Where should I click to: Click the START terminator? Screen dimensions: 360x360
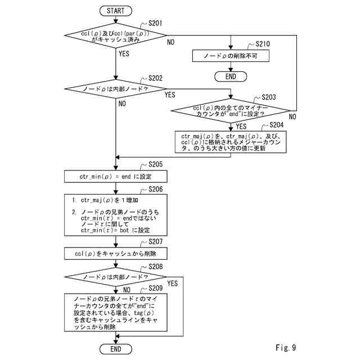click(116, 11)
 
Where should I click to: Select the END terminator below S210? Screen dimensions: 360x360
click(231, 76)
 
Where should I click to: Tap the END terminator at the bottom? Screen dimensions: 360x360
click(116, 349)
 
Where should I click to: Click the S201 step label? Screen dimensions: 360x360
click(155, 23)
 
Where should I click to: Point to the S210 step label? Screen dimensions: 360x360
click(263, 44)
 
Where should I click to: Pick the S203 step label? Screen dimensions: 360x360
click(269, 97)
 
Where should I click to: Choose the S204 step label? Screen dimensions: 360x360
click(276, 125)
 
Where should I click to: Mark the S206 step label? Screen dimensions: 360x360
click(155, 189)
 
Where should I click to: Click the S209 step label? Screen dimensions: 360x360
click(155, 288)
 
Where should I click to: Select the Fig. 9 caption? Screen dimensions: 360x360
click(286, 348)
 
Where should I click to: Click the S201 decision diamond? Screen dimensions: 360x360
click(115, 35)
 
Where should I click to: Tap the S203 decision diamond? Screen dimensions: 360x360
click(231, 111)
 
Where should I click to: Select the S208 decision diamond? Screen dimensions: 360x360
click(115, 277)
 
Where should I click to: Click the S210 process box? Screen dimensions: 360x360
click(231, 56)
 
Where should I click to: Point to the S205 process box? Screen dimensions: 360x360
click(116, 176)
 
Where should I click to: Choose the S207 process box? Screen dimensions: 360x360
click(116, 254)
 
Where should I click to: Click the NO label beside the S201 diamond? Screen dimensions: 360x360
click(170, 42)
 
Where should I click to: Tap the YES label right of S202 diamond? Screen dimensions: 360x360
click(170, 95)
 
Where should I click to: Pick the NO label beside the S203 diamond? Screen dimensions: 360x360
click(292, 116)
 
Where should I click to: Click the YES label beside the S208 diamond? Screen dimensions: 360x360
click(173, 283)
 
